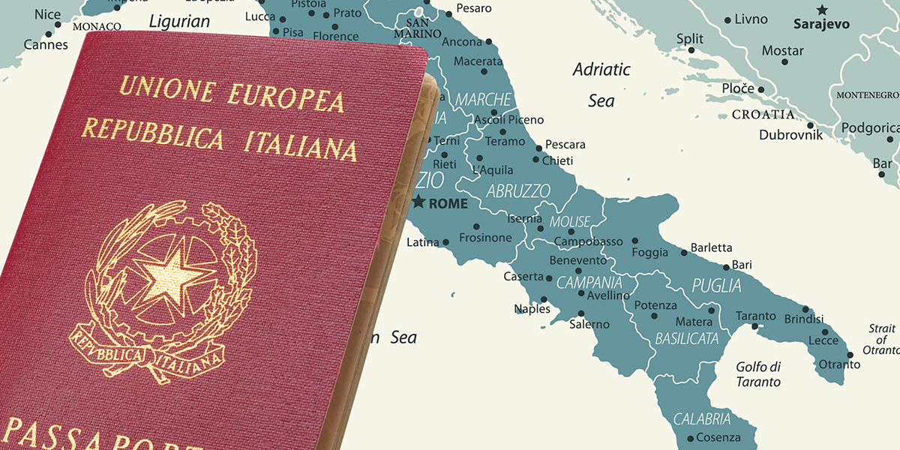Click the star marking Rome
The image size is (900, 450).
click(418, 202)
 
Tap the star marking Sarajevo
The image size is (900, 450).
click(822, 10)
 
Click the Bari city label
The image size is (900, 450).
click(741, 265)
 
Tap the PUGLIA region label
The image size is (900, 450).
click(716, 286)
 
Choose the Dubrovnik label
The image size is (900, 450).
click(790, 135)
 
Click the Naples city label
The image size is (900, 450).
click(532, 309)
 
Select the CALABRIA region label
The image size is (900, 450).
click(702, 419)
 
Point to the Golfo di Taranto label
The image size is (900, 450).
click(758, 374)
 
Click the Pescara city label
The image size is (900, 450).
click(565, 144)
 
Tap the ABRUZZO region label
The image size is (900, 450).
click(518, 191)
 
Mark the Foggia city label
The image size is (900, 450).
click(649, 253)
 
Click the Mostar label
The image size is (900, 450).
click(782, 51)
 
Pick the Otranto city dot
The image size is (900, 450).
click(850, 355)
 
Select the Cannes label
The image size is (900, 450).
click(46, 45)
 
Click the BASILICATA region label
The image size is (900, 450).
click(686, 339)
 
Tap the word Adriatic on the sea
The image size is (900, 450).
click(601, 70)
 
